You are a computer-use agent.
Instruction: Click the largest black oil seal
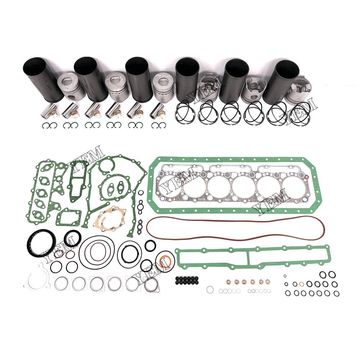(41, 244)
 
